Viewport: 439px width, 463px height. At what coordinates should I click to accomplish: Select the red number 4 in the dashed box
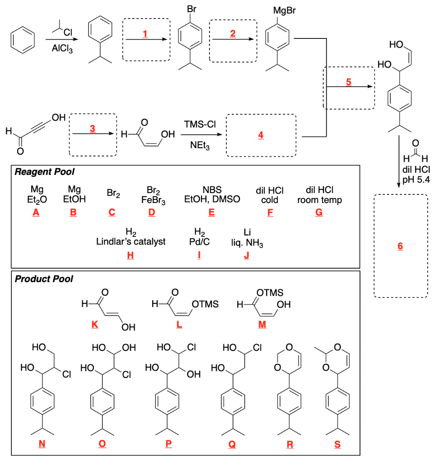tap(261, 135)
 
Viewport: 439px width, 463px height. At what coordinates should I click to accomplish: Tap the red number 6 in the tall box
tap(400, 246)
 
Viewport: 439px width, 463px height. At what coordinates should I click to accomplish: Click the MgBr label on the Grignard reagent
tap(285, 10)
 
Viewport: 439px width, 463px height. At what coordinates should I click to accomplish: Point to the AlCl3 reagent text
tap(62, 48)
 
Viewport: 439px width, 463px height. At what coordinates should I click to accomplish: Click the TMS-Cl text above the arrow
tap(200, 124)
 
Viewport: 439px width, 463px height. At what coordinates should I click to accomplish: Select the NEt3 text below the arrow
tap(200, 145)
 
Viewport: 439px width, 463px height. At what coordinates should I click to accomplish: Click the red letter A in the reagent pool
tap(36, 213)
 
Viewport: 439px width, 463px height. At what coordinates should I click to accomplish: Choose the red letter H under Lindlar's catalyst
tap(131, 255)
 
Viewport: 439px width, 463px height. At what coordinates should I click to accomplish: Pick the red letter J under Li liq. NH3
tap(247, 255)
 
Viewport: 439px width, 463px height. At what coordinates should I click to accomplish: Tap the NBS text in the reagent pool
tap(212, 189)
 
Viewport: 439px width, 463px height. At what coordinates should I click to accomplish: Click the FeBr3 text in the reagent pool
tap(153, 200)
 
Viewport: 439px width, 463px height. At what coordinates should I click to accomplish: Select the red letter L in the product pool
tap(179, 325)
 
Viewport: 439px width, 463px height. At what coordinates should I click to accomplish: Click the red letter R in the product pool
tap(290, 444)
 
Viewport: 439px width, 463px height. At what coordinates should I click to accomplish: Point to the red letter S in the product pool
tap(337, 444)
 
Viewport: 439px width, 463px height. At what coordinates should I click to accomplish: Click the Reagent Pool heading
tap(45, 171)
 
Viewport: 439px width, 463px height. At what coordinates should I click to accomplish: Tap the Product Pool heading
tap(44, 279)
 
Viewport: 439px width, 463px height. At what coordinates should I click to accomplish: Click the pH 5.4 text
tap(416, 180)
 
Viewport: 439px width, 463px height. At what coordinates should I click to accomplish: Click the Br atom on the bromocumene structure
tap(191, 9)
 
